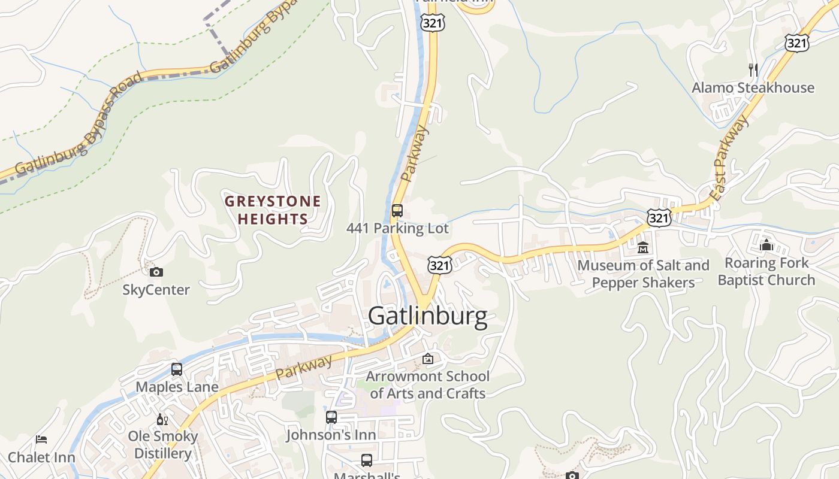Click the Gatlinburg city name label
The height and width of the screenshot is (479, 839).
[x=427, y=316]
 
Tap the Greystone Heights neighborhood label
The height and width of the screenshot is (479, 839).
[x=273, y=210]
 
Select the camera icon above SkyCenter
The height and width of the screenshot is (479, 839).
[x=156, y=272]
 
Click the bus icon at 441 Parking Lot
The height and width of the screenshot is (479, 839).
[x=397, y=211]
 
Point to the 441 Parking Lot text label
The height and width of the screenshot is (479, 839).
[x=397, y=229]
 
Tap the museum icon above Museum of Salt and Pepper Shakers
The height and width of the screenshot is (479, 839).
[x=643, y=247]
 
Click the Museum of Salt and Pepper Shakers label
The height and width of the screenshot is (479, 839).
[x=643, y=274]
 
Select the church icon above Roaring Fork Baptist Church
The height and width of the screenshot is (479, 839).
[x=766, y=245]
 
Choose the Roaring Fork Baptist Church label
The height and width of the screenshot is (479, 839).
[x=766, y=271]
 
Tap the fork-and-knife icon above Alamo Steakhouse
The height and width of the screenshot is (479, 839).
[x=753, y=70]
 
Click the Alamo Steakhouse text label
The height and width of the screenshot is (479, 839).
[x=753, y=88]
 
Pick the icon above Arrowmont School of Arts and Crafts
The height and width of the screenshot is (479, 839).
[x=427, y=359]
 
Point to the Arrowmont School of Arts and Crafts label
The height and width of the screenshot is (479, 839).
[x=427, y=385]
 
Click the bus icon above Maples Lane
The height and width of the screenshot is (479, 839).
[x=176, y=369]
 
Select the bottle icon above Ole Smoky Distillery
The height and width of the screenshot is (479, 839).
[x=161, y=419]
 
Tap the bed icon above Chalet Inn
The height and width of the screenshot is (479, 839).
[x=41, y=439]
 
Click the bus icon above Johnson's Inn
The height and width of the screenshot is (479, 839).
[x=331, y=417]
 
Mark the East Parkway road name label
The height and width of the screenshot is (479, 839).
[x=730, y=158]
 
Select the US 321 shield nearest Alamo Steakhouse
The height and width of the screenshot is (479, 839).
[x=796, y=43]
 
